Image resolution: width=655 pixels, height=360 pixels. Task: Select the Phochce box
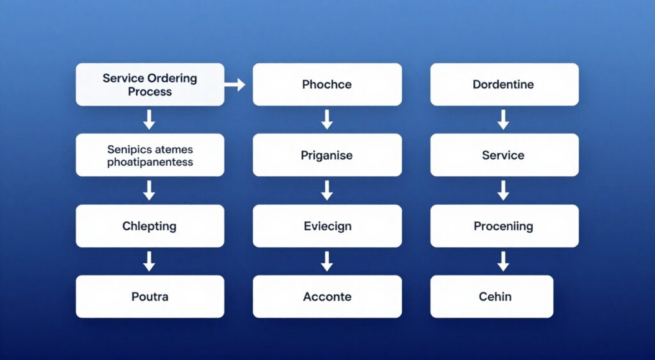point(327,84)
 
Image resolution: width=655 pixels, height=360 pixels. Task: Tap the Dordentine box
point(503,84)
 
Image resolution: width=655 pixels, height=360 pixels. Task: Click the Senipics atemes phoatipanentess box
point(150,155)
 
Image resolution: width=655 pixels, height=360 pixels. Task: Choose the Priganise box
point(327,155)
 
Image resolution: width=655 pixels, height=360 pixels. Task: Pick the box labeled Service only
point(503,155)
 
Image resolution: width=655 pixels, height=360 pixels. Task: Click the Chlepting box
point(150,226)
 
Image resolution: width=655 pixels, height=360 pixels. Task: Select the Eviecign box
point(327,226)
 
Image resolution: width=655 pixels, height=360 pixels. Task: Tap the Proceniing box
point(503,226)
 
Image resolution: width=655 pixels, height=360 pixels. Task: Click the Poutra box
point(150,297)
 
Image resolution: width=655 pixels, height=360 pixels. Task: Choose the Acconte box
point(327,297)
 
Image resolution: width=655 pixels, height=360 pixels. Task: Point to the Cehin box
point(491,297)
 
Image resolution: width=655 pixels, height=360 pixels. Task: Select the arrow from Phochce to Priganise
point(327,120)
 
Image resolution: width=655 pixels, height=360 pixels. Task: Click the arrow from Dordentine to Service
point(503,120)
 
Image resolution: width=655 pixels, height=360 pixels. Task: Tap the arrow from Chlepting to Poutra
point(150,261)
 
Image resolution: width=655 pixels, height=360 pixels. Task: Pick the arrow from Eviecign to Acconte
point(327,261)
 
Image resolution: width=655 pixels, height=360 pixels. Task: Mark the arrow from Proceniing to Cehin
point(503,261)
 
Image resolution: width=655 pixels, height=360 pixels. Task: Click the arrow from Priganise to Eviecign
point(327,191)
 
